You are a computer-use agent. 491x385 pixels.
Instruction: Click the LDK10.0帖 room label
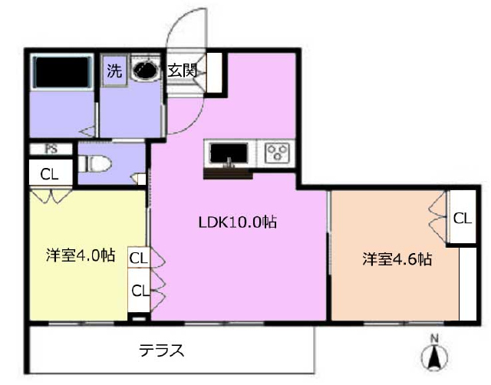238,222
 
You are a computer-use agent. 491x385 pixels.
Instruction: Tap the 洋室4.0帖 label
81,255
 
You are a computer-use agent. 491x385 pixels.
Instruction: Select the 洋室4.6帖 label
397,259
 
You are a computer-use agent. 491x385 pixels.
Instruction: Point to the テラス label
162,350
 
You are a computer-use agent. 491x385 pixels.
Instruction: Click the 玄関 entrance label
183,71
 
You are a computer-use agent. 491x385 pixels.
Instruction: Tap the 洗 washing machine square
114,71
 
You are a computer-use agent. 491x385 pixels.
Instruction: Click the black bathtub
63,72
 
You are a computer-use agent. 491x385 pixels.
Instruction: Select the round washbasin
144,70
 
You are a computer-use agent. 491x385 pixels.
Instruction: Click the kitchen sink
229,153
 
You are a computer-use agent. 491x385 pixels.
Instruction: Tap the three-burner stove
277,153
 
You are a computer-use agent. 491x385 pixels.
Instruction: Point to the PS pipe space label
51,149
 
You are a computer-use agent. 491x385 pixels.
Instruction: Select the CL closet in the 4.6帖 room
463,217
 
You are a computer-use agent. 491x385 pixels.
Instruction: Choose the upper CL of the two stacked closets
139,258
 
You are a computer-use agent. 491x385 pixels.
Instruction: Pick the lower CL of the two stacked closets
140,290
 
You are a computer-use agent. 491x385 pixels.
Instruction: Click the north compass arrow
435,357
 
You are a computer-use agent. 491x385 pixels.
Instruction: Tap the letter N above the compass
434,338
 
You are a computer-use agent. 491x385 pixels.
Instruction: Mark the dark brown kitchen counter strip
228,173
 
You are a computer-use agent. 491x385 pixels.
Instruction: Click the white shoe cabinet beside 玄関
214,73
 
